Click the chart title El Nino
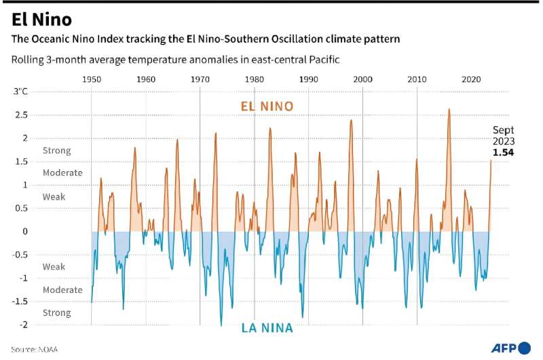coord(41,19)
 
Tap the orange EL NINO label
coord(267,106)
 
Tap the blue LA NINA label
coord(267,328)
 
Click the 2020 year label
coord(471,79)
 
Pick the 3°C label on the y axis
coord(21,91)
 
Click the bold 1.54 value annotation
coord(503,153)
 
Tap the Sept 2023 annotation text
coord(503,136)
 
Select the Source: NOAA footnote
coord(34,349)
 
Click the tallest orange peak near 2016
coord(449,109)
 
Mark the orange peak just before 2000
coord(351,120)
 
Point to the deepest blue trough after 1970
coord(221,325)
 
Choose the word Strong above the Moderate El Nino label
coord(56,150)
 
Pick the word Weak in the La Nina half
coord(54,267)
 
